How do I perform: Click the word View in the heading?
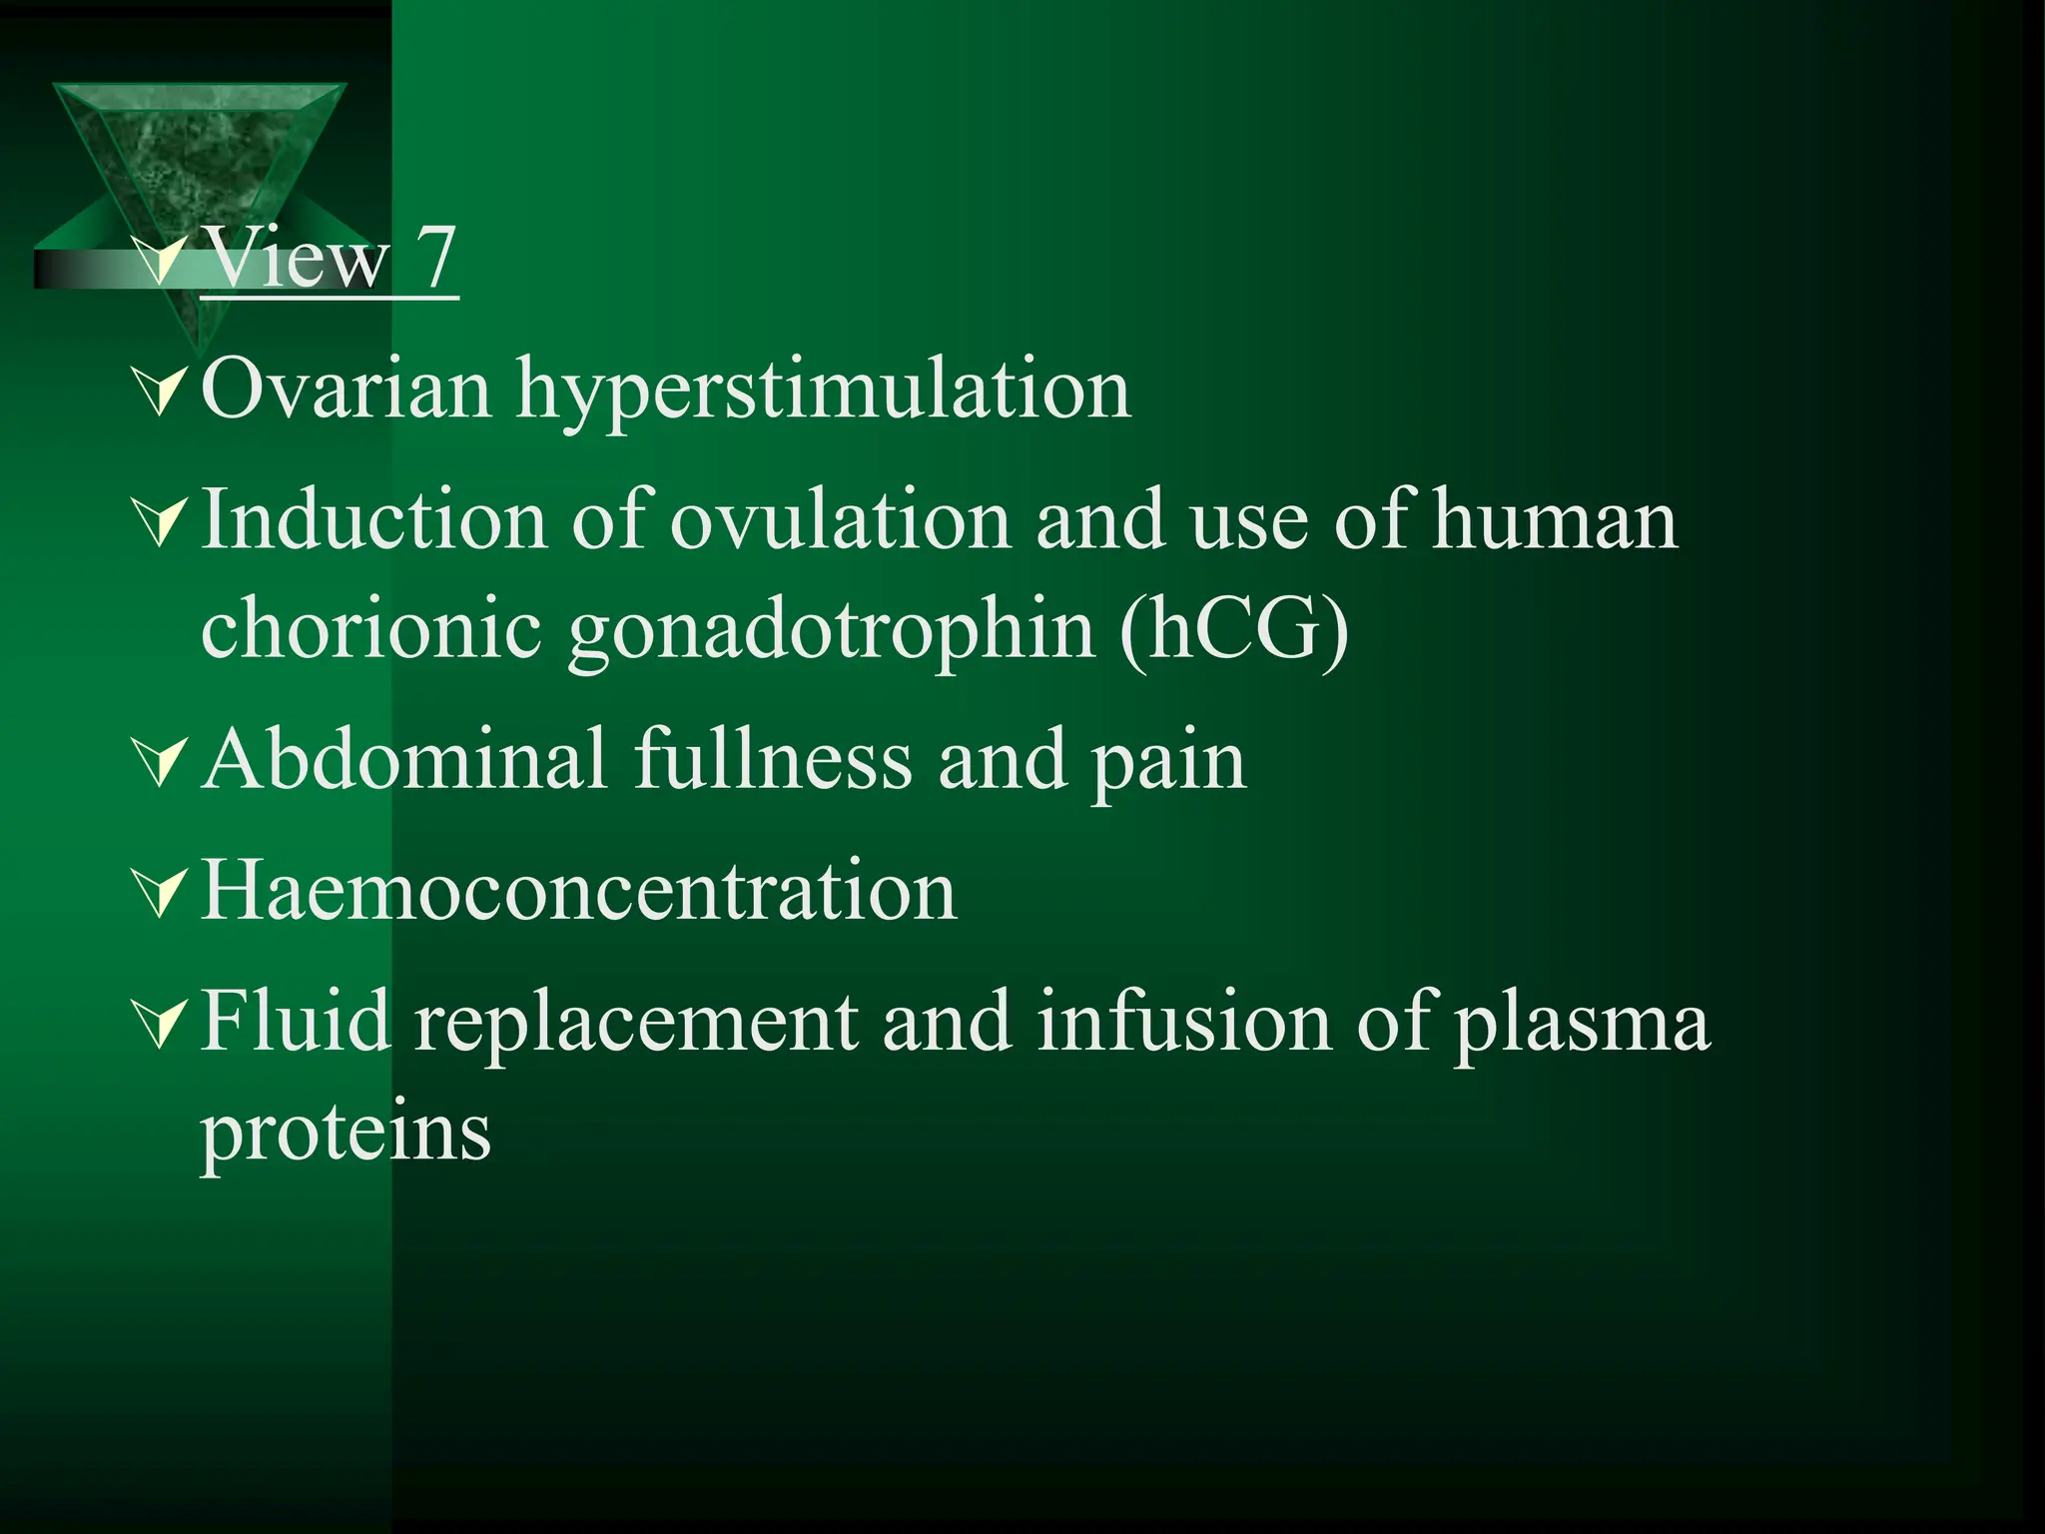297,260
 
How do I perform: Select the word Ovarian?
346,389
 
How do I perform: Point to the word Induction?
373,521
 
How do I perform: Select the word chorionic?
370,630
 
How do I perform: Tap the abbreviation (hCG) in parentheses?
1234,630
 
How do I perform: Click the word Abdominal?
404,760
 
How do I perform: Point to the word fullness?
773,760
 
